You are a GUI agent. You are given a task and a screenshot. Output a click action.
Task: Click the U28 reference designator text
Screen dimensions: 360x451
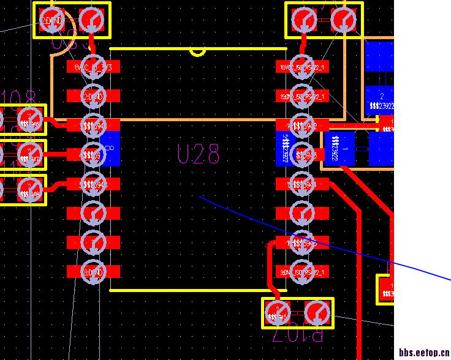pos(199,154)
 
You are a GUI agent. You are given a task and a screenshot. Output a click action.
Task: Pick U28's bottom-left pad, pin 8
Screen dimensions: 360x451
pos(93,271)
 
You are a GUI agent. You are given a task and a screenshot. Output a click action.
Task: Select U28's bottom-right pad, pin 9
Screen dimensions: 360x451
pos(302,271)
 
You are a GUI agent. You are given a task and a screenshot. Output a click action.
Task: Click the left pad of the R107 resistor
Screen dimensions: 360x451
pos(278,313)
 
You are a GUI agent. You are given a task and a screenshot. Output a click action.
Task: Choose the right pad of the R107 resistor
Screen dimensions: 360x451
pos(317,313)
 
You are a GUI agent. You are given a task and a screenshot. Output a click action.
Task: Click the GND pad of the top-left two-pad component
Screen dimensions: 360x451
pos(53,20)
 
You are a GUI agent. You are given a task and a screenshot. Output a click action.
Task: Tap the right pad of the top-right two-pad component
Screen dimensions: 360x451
pos(343,20)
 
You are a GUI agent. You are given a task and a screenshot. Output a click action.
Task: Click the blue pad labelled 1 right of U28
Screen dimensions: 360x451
pos(339,149)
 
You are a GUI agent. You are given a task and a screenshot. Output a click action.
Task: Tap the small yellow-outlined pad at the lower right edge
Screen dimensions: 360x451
pos(385,290)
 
